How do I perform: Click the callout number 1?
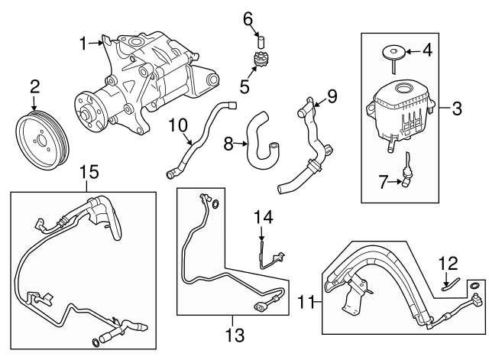pyautogui.click(x=84, y=44)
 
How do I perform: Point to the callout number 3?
pyautogui.click(x=457, y=109)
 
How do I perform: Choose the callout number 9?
pyautogui.click(x=332, y=96)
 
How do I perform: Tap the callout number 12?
pyautogui.click(x=447, y=264)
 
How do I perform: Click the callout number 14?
pyautogui.click(x=263, y=219)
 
